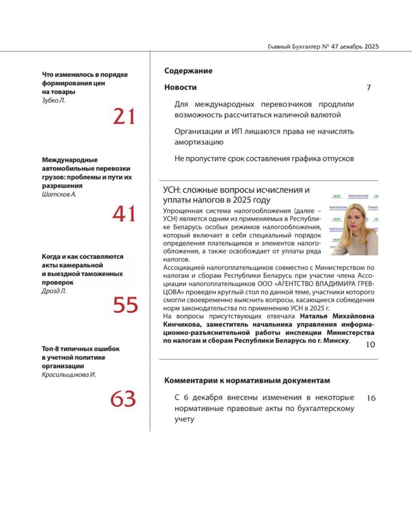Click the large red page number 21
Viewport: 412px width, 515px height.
coord(124,117)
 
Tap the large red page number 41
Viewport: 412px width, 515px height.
coord(124,214)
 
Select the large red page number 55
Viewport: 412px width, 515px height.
coord(125,305)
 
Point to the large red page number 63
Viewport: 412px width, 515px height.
coord(123,399)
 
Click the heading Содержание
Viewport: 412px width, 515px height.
coord(188,71)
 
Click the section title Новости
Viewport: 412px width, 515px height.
coord(180,87)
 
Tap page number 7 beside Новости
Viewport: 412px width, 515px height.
coord(369,88)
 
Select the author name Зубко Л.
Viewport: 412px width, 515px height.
coord(54,101)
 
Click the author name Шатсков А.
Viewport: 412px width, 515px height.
coord(59,194)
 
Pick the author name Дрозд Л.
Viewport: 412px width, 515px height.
coord(54,291)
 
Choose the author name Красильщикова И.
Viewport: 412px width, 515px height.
coord(69,375)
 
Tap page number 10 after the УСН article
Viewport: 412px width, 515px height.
coord(370,344)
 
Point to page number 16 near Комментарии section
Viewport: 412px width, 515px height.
coord(371,398)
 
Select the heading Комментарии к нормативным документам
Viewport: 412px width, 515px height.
coord(247,381)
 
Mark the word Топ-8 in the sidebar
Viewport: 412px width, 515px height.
coord(51,349)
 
